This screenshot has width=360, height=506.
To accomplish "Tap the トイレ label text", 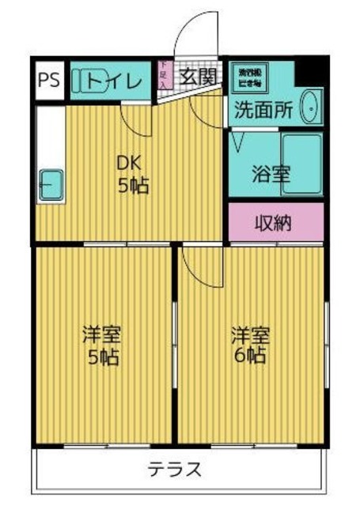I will tap(114, 80).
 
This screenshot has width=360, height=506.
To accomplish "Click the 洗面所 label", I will tap(260, 111).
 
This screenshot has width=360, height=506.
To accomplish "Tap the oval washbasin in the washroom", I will tap(310, 106).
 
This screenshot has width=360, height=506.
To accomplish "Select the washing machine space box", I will tap(252, 77).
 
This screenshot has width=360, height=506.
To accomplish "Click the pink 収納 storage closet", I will tap(275, 222).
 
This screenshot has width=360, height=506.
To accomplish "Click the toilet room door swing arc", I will tap(135, 119).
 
